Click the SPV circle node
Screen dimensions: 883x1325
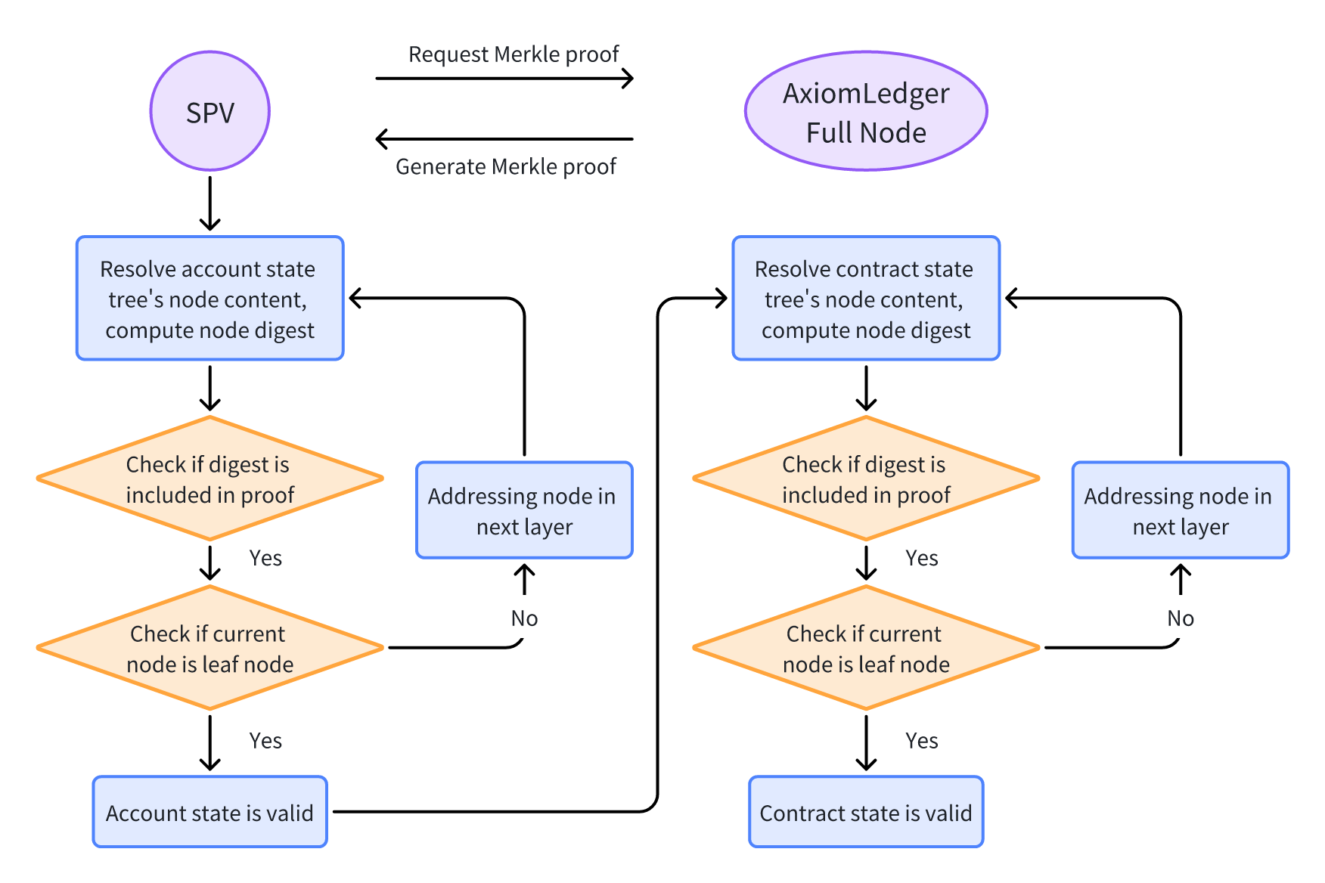click(x=210, y=111)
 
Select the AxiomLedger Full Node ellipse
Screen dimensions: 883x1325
click(x=866, y=111)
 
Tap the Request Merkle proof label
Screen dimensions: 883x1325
click(x=514, y=54)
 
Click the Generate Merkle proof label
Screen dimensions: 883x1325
click(x=505, y=166)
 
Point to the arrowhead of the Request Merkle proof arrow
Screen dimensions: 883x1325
click(x=628, y=78)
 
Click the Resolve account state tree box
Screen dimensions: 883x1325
click(x=210, y=299)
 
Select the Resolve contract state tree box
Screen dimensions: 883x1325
click(x=866, y=299)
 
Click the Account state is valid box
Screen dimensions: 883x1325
click(x=210, y=812)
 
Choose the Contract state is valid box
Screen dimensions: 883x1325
click(x=866, y=812)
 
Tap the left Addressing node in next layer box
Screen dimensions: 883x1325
click(x=524, y=510)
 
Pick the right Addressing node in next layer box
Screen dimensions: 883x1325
click(x=1180, y=510)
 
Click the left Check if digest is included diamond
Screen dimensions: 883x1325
click(x=210, y=479)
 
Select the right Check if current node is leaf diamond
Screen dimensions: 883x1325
click(x=866, y=648)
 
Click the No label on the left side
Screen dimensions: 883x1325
click(x=524, y=618)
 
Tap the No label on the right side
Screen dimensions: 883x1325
click(x=1180, y=618)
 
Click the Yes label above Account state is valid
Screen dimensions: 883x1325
click(x=265, y=741)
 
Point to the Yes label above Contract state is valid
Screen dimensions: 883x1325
click(x=921, y=741)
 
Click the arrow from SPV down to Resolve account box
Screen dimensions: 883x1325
click(x=210, y=203)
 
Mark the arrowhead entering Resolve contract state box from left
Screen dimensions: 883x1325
click(x=721, y=299)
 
